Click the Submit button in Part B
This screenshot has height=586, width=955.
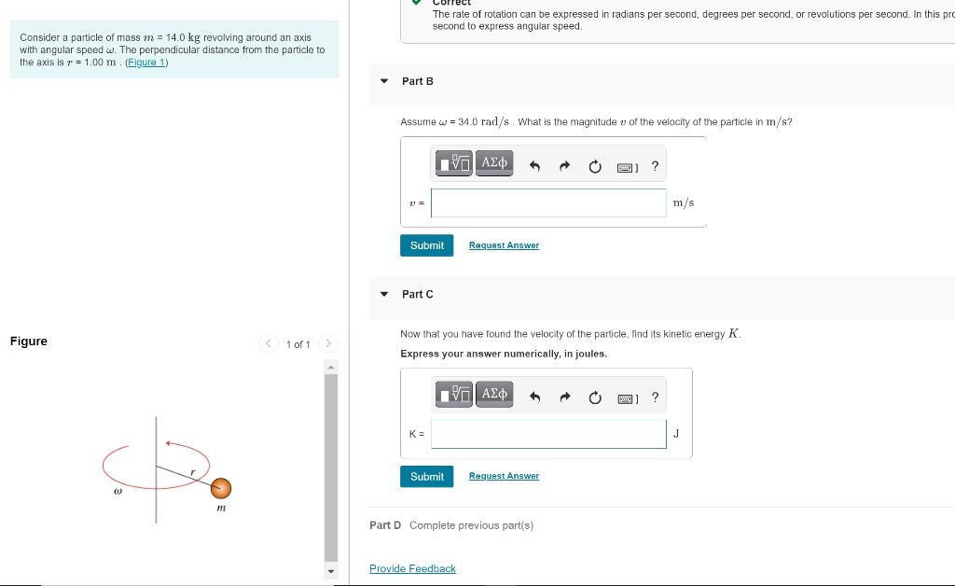coord(426,245)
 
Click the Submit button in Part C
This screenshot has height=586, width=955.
coord(426,477)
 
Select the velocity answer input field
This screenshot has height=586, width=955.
coord(548,202)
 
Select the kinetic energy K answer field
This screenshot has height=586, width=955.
coord(548,434)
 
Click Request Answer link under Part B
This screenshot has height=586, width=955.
coord(504,245)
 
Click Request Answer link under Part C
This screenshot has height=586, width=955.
coord(504,476)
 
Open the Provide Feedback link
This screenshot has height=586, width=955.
coord(412,568)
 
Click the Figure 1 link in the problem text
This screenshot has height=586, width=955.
coord(146,63)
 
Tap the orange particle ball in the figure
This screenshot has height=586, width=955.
coord(220,488)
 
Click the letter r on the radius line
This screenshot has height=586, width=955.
coord(192,473)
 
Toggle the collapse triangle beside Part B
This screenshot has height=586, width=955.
coord(383,81)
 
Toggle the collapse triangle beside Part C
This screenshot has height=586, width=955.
coord(383,294)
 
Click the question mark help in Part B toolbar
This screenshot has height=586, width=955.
coord(655,166)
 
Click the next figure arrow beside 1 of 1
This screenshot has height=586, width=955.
coord(328,344)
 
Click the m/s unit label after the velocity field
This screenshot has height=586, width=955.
coord(684,202)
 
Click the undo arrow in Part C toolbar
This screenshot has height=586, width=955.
coord(535,398)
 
